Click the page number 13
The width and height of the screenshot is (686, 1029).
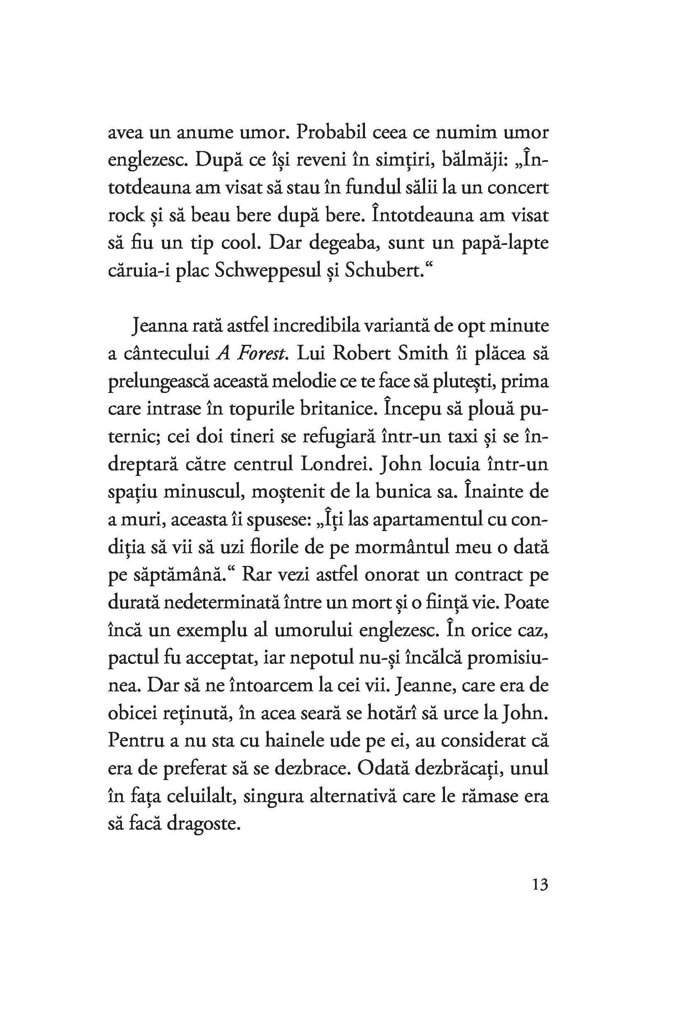[540, 885]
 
